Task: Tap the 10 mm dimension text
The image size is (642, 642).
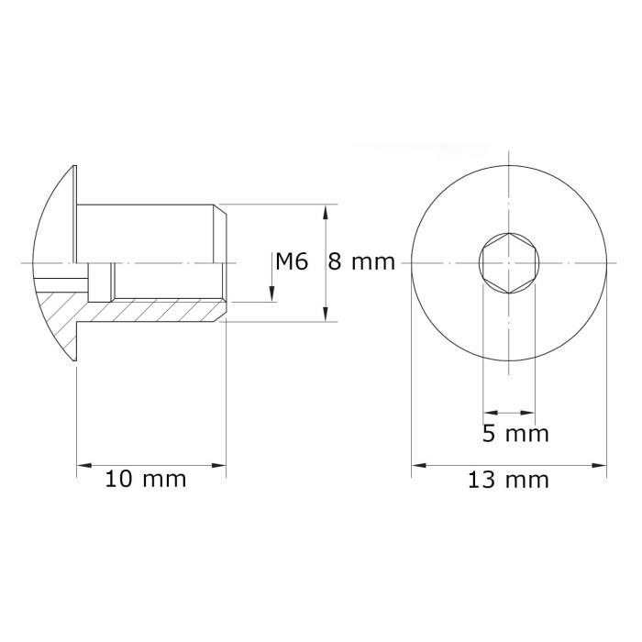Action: pos(146,479)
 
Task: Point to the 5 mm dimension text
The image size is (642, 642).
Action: pos(515,433)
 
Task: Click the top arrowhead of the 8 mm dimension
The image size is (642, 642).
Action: pos(326,210)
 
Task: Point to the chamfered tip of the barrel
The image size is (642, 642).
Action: pos(221,220)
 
